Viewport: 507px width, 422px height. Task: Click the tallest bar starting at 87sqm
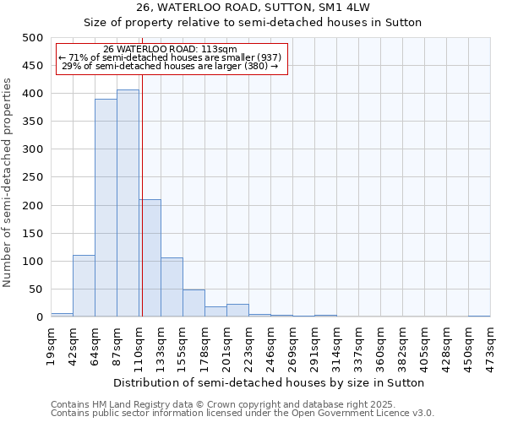(x=128, y=203)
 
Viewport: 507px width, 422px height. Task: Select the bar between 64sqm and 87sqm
(x=106, y=208)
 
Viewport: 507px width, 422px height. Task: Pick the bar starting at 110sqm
(x=150, y=258)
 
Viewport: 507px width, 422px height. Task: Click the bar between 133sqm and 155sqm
(x=172, y=287)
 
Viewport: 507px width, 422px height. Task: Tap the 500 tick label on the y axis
(x=33, y=38)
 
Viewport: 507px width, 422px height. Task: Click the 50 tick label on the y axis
(x=36, y=289)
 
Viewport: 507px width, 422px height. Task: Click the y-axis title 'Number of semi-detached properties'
(x=8, y=182)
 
